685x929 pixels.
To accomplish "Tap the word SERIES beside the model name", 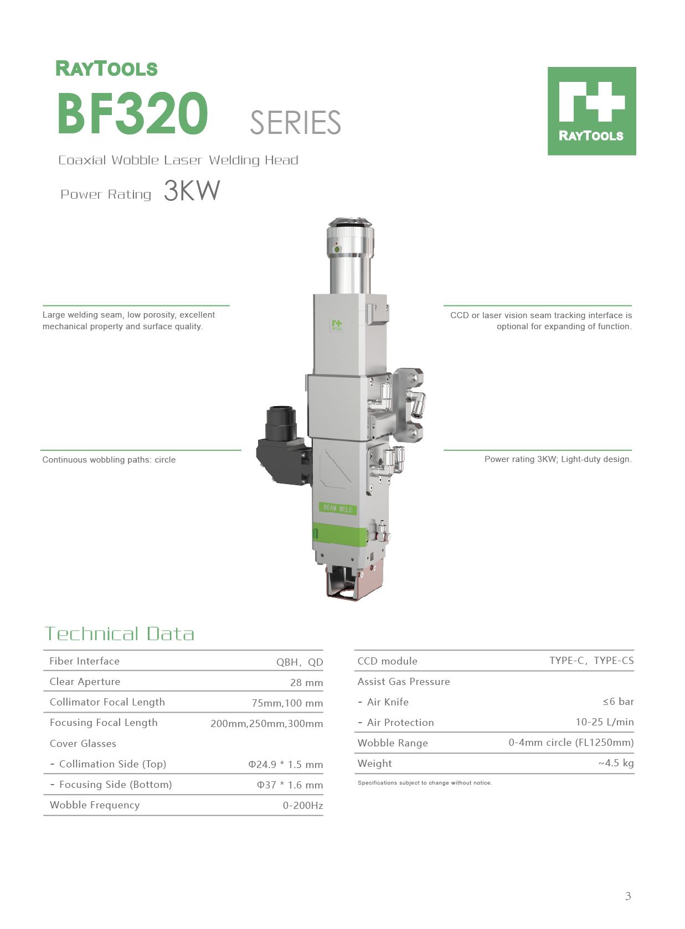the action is point(295,122).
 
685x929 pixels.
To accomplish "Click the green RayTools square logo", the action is point(591,111).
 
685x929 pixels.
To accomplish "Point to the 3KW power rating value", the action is point(192,191).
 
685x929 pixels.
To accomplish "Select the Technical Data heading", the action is point(120,634).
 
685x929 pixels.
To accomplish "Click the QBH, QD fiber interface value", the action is point(300,662).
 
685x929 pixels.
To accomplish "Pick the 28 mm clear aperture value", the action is point(306,683).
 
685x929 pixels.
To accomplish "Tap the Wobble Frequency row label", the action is point(95,805).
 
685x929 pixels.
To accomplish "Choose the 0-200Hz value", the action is point(303,806).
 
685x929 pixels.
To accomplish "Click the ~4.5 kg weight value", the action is point(616,763).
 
